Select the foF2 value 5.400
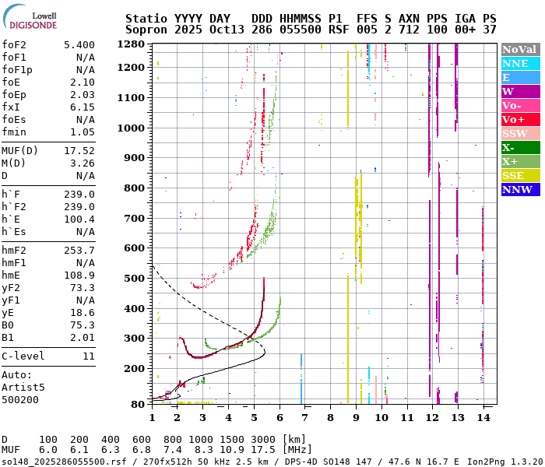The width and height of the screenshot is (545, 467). [x=79, y=45]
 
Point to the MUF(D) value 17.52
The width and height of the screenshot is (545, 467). [x=79, y=151]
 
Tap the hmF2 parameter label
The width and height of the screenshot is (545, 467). [x=15, y=251]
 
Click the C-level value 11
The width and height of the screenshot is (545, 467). [x=88, y=356]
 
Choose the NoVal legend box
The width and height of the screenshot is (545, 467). [x=519, y=49]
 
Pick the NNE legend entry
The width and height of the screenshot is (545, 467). [x=515, y=63]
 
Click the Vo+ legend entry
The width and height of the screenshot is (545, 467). [x=514, y=119]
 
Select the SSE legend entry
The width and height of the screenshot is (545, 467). [x=513, y=175]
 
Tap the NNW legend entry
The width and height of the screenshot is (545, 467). [x=517, y=189]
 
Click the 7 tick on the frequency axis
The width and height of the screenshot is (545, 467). [x=304, y=418]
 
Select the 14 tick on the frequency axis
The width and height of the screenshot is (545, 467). [x=483, y=418]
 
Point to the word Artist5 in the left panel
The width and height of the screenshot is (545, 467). [x=23, y=387]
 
